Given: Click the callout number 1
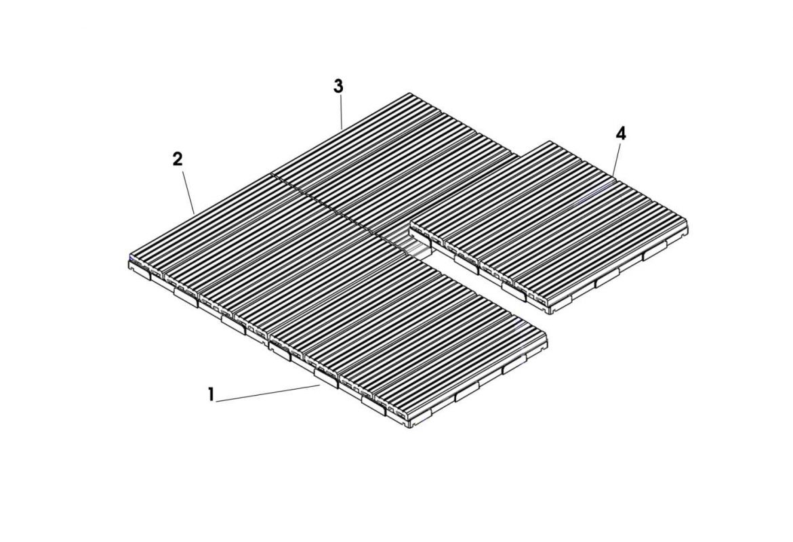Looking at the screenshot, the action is (x=211, y=394).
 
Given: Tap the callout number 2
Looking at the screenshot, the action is (x=178, y=159).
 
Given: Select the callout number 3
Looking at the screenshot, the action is (x=338, y=87).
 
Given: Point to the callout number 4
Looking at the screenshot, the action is (x=621, y=133).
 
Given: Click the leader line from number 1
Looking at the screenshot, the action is (x=268, y=394).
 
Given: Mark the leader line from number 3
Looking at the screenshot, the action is (x=341, y=111).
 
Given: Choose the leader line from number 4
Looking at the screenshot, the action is (x=617, y=159).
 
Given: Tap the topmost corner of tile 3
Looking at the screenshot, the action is (x=409, y=93).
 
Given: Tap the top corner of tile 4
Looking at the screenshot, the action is (x=549, y=141).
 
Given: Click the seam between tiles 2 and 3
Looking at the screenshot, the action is (x=322, y=204).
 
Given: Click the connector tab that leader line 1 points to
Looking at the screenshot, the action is (x=326, y=377).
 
